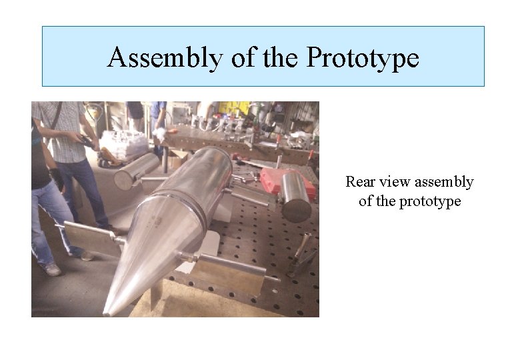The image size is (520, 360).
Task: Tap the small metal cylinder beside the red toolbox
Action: pos(295,197)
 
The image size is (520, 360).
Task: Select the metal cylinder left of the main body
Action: pos(135,171)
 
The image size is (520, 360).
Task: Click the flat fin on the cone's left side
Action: pos(93,237)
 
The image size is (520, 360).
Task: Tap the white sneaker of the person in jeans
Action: pos(51,269)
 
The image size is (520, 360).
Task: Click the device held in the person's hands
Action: pos(87,141)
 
